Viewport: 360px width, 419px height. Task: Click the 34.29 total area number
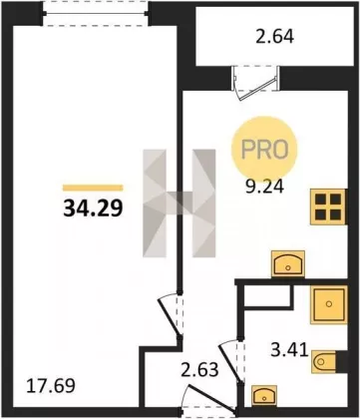[x=93, y=209]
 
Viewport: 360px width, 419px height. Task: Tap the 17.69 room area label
[x=51, y=386]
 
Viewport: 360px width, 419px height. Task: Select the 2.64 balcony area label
[x=274, y=37]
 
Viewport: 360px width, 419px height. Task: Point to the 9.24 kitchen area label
[x=264, y=187]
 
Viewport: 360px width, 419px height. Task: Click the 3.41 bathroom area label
[x=289, y=350]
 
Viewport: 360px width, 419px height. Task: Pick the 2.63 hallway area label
[x=199, y=370]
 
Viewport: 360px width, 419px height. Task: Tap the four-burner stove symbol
[x=328, y=207]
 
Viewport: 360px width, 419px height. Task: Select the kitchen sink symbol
[x=288, y=263]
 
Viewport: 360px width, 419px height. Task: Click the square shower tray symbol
[x=329, y=304]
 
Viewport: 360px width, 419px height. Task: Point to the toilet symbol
[x=325, y=361]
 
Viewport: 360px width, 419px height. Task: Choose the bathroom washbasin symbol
[x=264, y=396]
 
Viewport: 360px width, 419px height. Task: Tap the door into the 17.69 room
[x=170, y=316]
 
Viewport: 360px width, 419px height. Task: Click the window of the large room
[x=96, y=13]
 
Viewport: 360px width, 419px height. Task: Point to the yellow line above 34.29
[x=93, y=188]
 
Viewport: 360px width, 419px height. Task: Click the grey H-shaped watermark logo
[x=180, y=204]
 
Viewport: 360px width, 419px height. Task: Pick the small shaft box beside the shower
[x=268, y=295]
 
